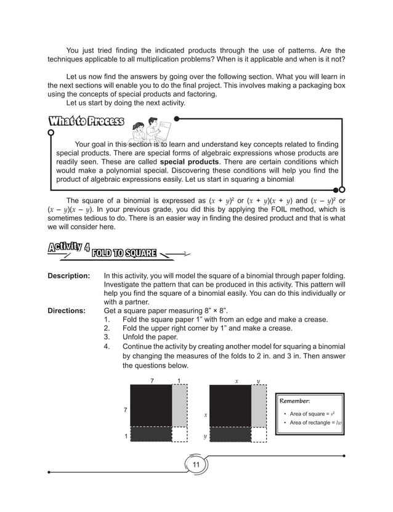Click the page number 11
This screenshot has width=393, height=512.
click(196, 464)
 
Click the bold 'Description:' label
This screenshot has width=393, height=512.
click(69, 275)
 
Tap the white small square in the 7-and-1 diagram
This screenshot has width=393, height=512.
click(179, 435)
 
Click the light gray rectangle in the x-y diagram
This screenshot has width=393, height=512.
click(258, 406)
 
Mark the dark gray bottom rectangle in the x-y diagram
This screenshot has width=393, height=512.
click(230, 435)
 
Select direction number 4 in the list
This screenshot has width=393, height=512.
click(108, 346)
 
